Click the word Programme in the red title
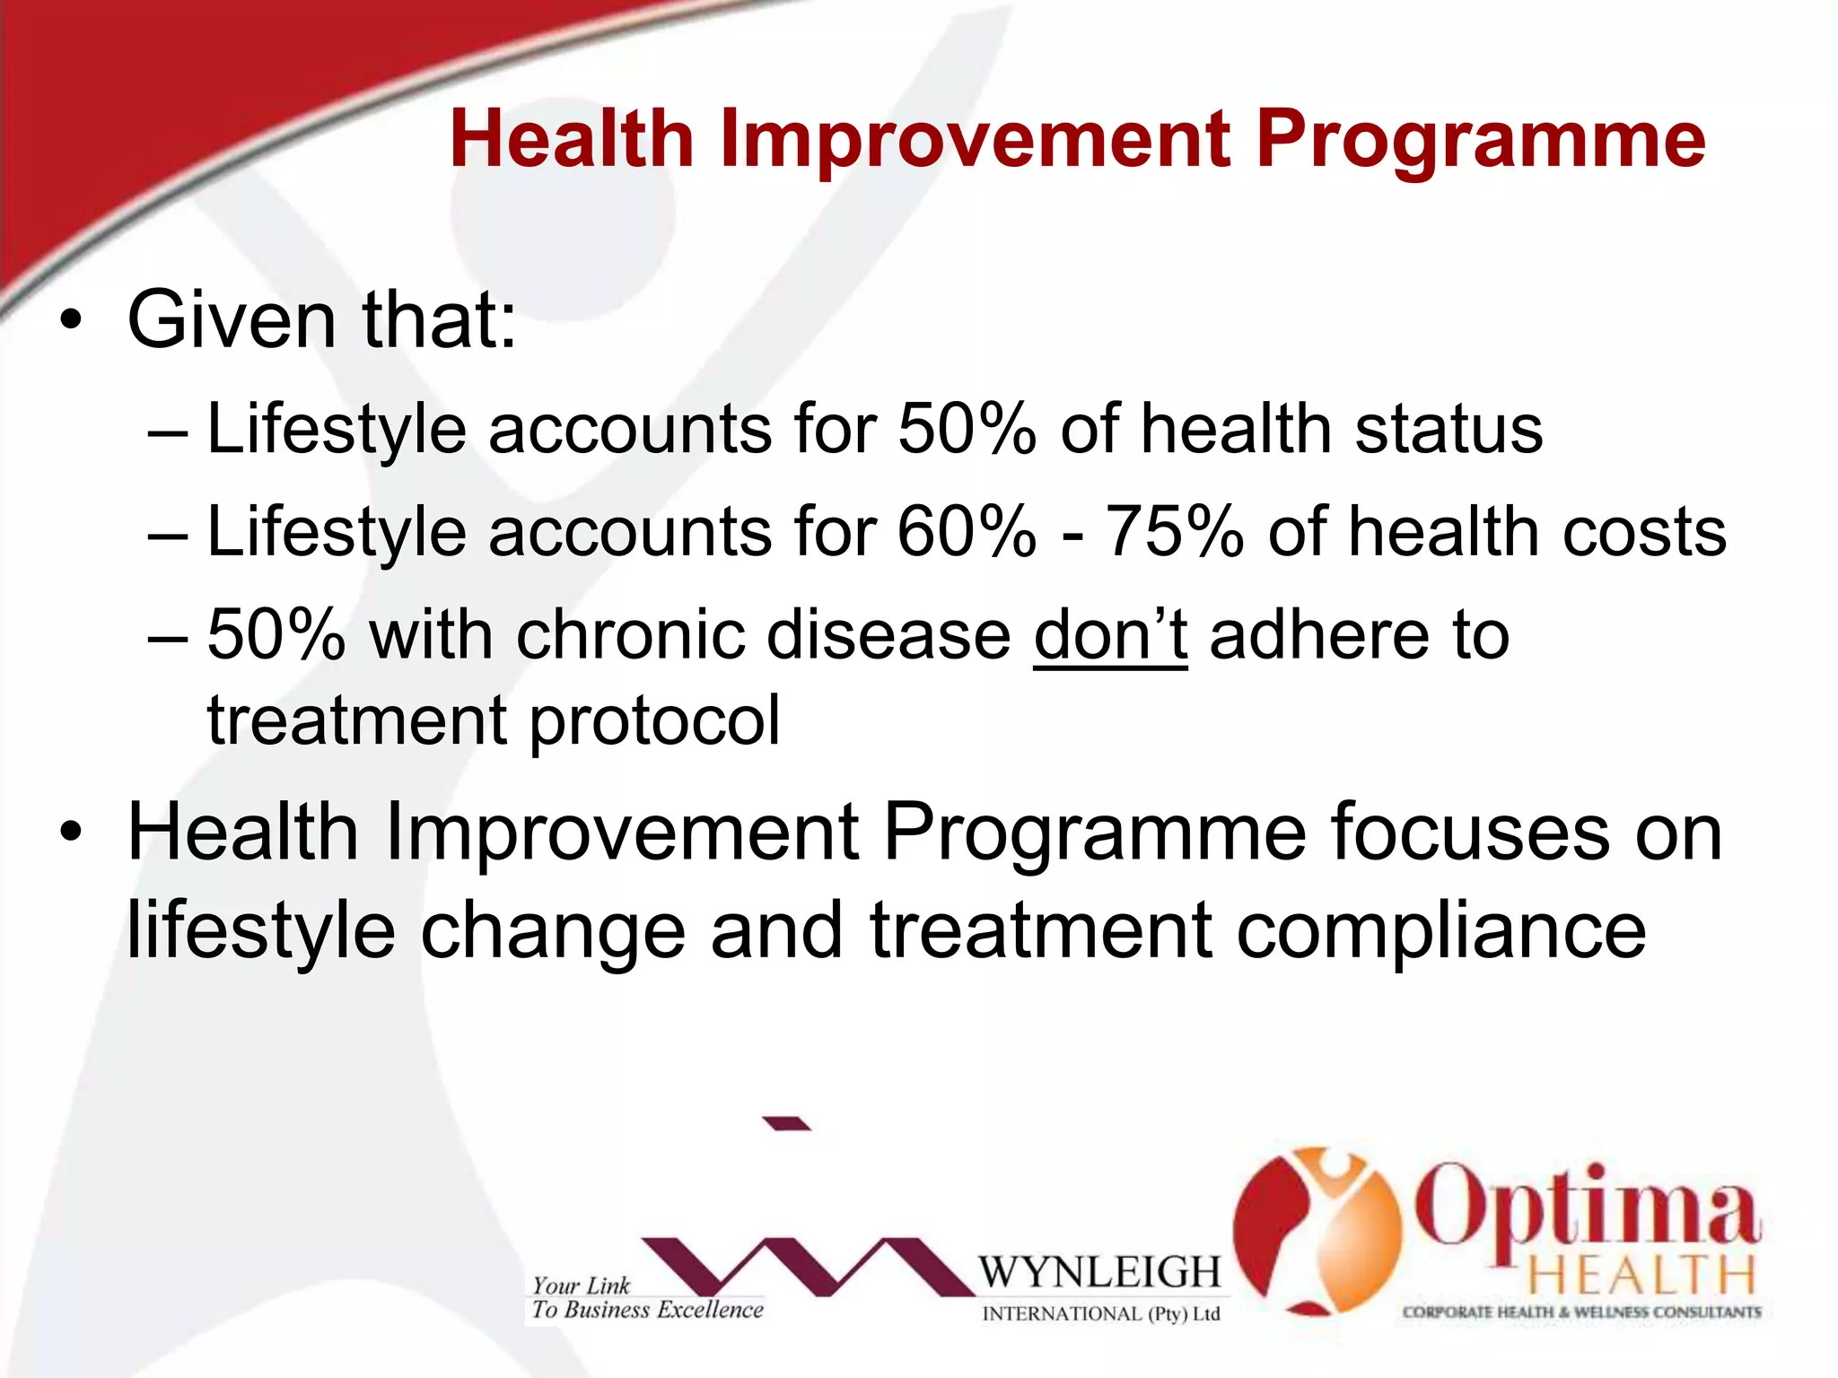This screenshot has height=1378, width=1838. pos(1480,142)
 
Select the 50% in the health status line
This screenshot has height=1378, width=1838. pos(967,429)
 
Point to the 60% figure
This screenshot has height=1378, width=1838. pos(967,532)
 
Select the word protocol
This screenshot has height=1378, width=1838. pos(654,721)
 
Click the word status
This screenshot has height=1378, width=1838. pos(1449,429)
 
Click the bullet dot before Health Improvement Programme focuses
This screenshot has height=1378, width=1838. pos(71,833)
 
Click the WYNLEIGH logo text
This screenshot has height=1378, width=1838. pos(1099,1272)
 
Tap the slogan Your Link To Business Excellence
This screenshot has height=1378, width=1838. pos(646,1298)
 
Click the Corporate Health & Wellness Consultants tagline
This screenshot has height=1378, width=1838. pos(1581,1313)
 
